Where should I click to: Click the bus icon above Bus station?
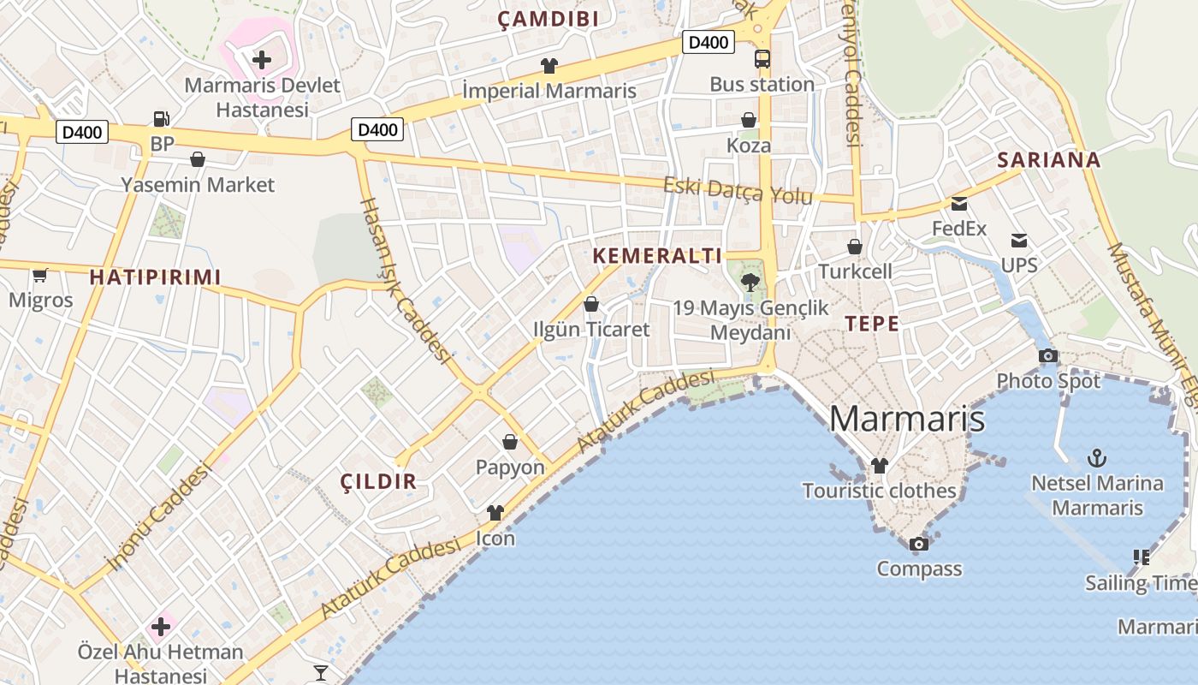coord(762,59)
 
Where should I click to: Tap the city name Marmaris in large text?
coord(906,420)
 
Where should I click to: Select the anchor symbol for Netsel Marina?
coord(1096,458)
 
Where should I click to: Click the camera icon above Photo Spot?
coord(1047,355)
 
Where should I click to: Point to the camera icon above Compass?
coord(918,544)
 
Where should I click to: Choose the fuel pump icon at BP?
coord(161,119)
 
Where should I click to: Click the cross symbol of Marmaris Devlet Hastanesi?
coord(262,60)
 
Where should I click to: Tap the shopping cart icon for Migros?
coord(39,275)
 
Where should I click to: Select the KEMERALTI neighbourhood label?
coord(657,255)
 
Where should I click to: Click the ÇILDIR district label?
coord(378,481)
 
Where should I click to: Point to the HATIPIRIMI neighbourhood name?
coord(155,277)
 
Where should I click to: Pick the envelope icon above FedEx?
coord(958,204)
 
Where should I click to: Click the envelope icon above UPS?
coord(1018,241)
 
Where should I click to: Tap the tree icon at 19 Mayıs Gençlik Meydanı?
coord(750,282)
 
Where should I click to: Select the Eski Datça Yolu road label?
coord(738,191)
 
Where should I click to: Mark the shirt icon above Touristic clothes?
coord(879,466)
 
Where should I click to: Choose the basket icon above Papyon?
coord(510,442)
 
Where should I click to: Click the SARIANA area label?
coord(1048,160)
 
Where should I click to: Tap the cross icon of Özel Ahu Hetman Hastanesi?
coord(161,627)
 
